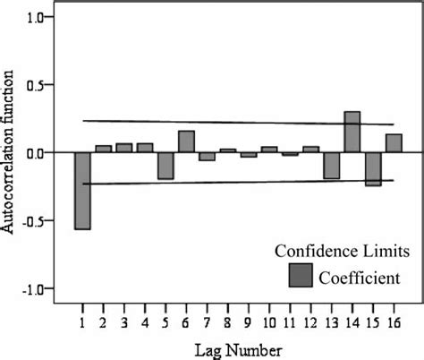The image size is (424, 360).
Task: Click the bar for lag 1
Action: [x=83, y=190]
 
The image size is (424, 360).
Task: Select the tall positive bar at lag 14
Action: [x=352, y=132]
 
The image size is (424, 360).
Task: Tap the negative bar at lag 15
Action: [x=373, y=168]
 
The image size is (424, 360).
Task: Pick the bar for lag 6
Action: [x=186, y=141]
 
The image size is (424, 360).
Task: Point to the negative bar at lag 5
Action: [x=165, y=166]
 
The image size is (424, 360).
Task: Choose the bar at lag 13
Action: [x=331, y=166]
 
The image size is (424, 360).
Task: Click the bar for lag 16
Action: [x=394, y=143]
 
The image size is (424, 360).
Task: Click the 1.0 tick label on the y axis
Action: [x=34, y=17]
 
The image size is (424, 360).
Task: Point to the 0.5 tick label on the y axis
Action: [x=34, y=85]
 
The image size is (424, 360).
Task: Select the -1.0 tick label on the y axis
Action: [x=31, y=288]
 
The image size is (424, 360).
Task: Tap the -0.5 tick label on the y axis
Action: [x=31, y=220]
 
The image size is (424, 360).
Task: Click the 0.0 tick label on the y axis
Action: [x=34, y=153]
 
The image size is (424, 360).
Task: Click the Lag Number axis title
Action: [x=240, y=347]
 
